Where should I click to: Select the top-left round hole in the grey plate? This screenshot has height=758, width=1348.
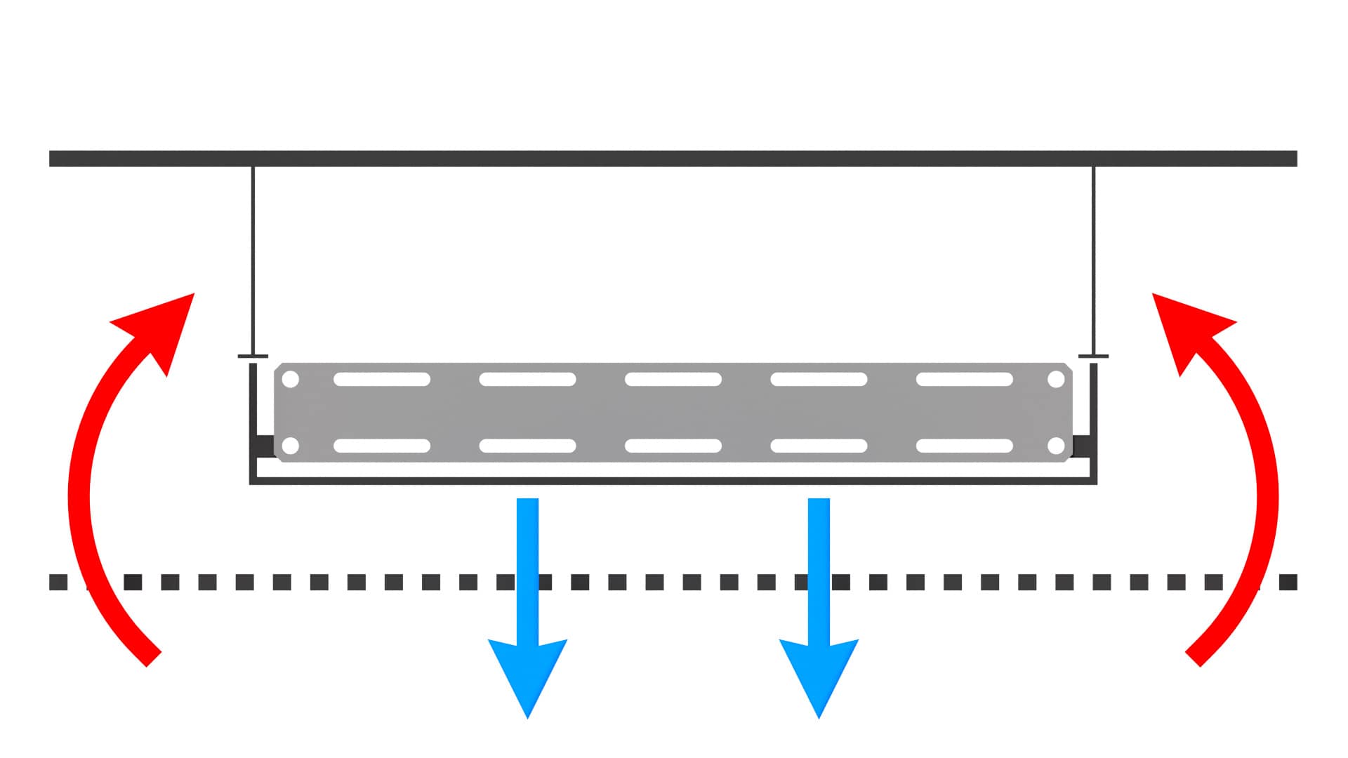291,380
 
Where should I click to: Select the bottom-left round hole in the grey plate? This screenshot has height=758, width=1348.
291,446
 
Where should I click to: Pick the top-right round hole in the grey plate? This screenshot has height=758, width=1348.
1056,380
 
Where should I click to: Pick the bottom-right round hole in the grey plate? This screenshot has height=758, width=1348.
1056,446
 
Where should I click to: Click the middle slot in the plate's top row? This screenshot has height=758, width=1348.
673,380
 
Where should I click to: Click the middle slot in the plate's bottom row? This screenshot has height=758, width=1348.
673,446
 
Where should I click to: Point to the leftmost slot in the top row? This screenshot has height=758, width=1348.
382,380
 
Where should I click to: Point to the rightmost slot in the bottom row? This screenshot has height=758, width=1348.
965,446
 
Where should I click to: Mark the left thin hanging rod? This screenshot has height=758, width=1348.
253,260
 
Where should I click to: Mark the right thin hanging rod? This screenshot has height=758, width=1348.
1093,260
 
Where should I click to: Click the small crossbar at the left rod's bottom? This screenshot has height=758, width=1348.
253,357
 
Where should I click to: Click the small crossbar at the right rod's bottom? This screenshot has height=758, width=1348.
1093,357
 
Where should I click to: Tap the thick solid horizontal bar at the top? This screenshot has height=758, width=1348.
673,159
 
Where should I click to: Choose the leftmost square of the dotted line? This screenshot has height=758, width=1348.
58,582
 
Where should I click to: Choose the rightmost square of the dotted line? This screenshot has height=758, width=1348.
1288,582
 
